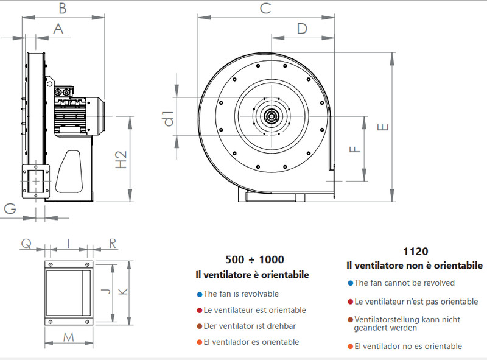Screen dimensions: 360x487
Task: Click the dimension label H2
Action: click(121, 160)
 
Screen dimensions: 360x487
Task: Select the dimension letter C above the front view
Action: click(265, 8)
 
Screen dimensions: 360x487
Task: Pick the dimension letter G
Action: click(10, 208)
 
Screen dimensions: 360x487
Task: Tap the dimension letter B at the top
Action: click(62, 8)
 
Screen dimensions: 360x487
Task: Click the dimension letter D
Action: click(302, 28)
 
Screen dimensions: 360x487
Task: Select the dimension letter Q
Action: click(26, 244)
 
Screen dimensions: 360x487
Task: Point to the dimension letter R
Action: click(113, 244)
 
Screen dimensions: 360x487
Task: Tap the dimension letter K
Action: click(122, 293)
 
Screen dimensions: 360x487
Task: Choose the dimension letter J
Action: click(105, 293)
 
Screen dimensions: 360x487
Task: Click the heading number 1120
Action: click(415, 251)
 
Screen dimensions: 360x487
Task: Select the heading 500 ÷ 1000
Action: click(254, 259)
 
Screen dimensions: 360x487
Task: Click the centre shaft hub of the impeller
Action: click(270, 115)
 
